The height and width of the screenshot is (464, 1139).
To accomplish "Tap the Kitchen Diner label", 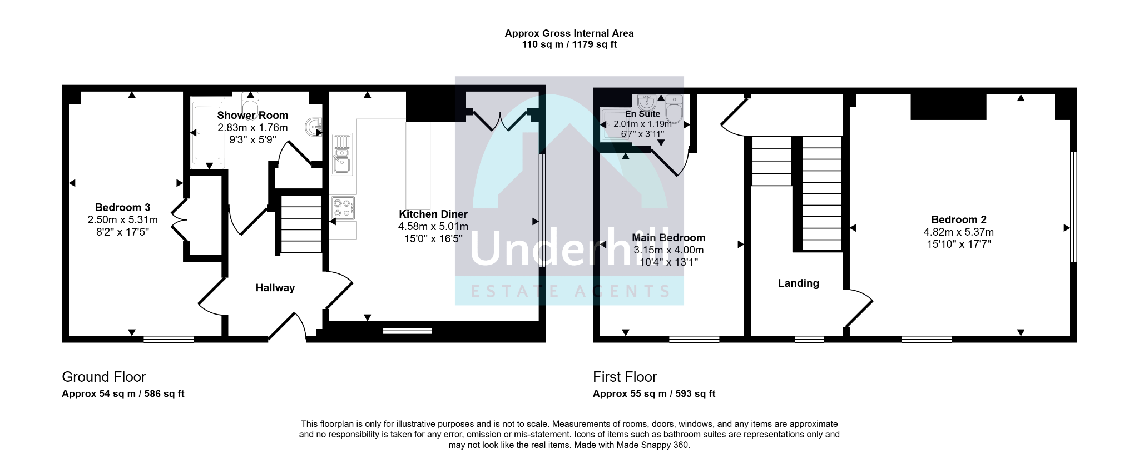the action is pos(433,214).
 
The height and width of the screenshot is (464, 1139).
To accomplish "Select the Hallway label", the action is pos(275,288).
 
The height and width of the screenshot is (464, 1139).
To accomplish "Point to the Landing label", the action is pos(798,283).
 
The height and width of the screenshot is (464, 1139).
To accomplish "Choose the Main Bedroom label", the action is pos(668,238).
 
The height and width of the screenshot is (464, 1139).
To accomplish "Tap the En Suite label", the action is pos(642,114).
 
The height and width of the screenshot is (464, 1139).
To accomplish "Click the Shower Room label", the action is pos(252,115).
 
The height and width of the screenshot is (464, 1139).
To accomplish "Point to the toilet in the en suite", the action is pos(674,109).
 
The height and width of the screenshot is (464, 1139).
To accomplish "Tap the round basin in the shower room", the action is pos(314,127).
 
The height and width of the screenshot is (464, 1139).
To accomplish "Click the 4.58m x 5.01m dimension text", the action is pos(433,227).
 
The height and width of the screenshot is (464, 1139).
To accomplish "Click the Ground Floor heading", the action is pos(104,377).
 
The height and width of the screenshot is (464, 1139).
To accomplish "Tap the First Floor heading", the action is pos(625,377).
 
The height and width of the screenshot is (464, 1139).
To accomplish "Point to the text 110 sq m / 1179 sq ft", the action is pos(569,45).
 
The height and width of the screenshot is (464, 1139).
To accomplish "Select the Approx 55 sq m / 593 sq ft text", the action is pos(654,394).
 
